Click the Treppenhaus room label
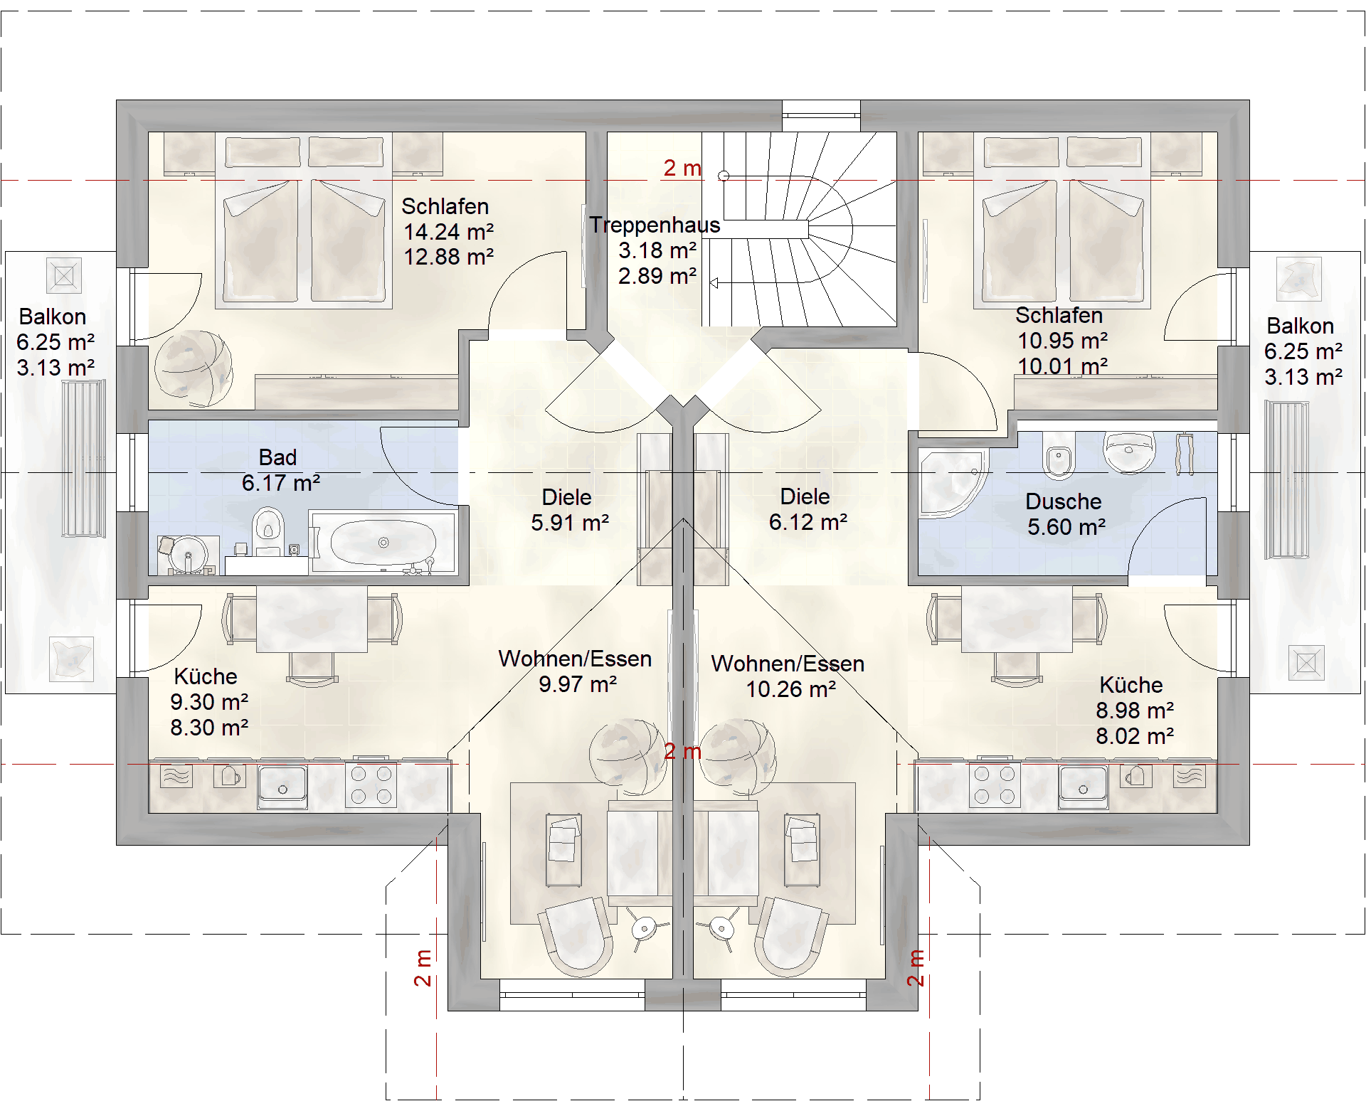coord(655,225)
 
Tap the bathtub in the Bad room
coord(383,542)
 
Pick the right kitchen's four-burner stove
coord(995,784)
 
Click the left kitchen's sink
coord(282,785)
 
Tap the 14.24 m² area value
coord(448,232)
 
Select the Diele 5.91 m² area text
coord(570,523)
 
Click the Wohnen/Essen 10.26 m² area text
coord(791,689)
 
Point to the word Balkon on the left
coord(53,317)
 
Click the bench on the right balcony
coord(1286,480)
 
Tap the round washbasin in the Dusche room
coord(1128,452)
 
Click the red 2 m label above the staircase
coord(682,168)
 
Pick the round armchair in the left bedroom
coord(194,368)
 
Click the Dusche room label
coord(1063,501)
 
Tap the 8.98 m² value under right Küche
coord(1135,711)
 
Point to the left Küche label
coord(206,676)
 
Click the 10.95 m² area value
coord(1063,341)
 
